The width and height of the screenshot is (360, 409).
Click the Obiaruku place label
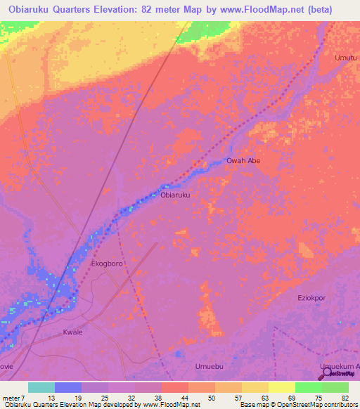(x=176, y=195)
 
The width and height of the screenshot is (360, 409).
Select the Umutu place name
(x=345, y=58)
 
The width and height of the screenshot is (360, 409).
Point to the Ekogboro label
(x=108, y=263)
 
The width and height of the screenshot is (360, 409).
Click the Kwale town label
(x=73, y=332)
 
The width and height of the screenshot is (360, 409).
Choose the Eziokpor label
(x=312, y=299)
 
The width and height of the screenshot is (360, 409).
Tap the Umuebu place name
(x=209, y=367)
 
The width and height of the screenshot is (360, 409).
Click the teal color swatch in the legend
(x=41, y=387)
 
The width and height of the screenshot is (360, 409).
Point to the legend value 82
(x=345, y=398)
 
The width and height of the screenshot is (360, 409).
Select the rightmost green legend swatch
(x=335, y=387)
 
